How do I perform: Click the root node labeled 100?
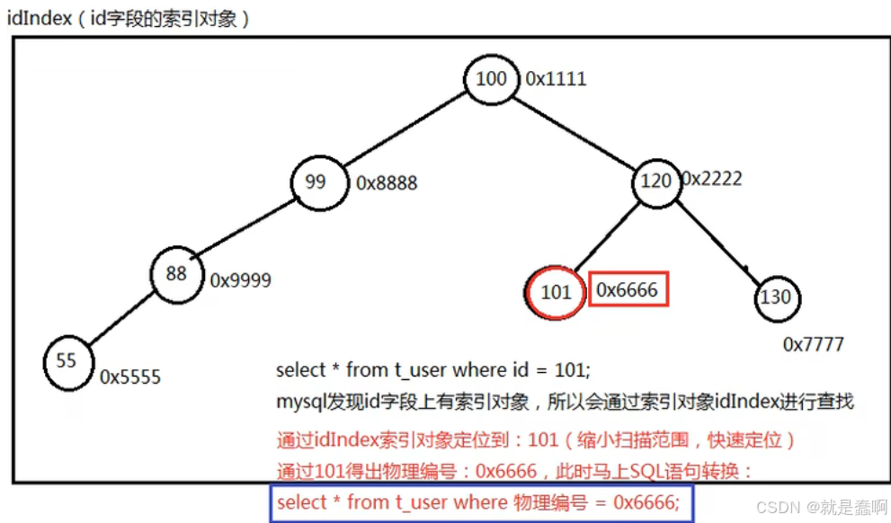(x=491, y=79)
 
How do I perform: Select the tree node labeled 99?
(x=316, y=182)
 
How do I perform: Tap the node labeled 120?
(x=655, y=182)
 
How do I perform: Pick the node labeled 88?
(x=176, y=273)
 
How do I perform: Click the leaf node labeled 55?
(x=67, y=361)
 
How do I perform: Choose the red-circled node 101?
(x=556, y=291)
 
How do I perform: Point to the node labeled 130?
(x=778, y=297)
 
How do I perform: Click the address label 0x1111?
(x=556, y=79)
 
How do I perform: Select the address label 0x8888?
(x=387, y=183)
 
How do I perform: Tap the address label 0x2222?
(x=712, y=179)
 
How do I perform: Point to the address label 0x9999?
(x=240, y=280)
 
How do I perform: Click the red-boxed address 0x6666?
(x=628, y=289)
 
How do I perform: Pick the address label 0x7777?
(x=813, y=344)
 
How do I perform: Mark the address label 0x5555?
(x=130, y=377)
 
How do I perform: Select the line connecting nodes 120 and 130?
(x=717, y=240)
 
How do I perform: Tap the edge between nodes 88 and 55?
(x=121, y=317)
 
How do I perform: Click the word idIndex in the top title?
(x=39, y=18)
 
